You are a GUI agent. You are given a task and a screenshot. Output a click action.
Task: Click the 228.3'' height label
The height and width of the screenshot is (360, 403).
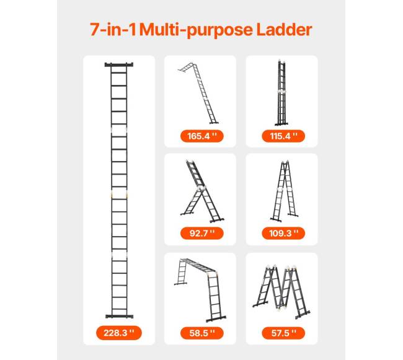(119, 333)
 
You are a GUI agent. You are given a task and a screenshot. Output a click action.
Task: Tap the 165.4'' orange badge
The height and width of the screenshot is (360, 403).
(202, 136)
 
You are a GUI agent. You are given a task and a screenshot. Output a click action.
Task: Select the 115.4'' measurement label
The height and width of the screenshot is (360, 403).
(283, 136)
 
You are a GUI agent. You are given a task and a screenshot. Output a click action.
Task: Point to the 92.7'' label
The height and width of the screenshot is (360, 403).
(202, 234)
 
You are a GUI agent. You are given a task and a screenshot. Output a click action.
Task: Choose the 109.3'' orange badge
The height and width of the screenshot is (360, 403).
(283, 234)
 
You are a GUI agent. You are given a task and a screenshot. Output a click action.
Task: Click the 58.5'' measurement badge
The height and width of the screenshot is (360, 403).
(202, 333)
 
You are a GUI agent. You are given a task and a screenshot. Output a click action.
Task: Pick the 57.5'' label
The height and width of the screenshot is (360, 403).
(283, 333)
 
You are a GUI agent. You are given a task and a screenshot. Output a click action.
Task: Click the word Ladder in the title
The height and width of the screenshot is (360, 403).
(284, 30)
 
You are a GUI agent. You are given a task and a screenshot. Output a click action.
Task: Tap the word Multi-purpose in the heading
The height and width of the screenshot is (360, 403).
(197, 30)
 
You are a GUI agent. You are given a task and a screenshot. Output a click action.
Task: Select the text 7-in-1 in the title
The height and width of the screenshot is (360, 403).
(113, 30)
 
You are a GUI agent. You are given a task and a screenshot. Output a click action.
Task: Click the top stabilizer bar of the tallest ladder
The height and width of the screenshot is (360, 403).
(119, 64)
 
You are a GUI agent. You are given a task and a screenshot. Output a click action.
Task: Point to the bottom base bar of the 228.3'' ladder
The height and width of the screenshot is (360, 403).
(119, 316)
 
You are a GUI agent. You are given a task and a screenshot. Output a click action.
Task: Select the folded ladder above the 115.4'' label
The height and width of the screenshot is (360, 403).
(281, 93)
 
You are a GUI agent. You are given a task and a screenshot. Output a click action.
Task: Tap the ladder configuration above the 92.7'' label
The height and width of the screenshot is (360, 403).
(202, 191)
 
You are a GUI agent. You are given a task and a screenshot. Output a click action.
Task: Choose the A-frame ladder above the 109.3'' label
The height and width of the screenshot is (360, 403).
(285, 191)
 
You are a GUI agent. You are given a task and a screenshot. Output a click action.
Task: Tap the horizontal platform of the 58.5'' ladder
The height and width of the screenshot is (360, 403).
(199, 265)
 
